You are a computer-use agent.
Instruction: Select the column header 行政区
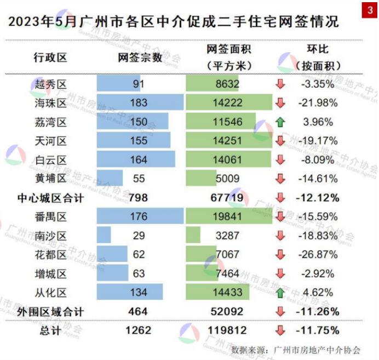pyautogui.click(x=50, y=57)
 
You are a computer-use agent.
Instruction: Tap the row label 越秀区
pyautogui.click(x=50, y=84)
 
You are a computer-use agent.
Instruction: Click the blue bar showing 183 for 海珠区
pyautogui.click(x=140, y=102)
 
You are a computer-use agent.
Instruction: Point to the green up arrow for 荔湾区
pyautogui.click(x=280, y=122)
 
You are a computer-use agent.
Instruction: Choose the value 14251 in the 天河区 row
pyautogui.click(x=228, y=141)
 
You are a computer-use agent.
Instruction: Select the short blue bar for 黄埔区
pyautogui.click(x=110, y=179)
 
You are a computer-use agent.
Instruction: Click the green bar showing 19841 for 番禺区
pyautogui.click(x=229, y=216)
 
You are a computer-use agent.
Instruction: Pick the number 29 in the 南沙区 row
pyautogui.click(x=139, y=236)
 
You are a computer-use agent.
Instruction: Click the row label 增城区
pyautogui.click(x=50, y=273)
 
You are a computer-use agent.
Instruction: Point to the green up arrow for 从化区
pyautogui.click(x=280, y=293)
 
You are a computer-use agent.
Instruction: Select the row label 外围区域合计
pyautogui.click(x=50, y=312)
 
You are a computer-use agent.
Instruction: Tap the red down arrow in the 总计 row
pyautogui.click(x=280, y=330)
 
